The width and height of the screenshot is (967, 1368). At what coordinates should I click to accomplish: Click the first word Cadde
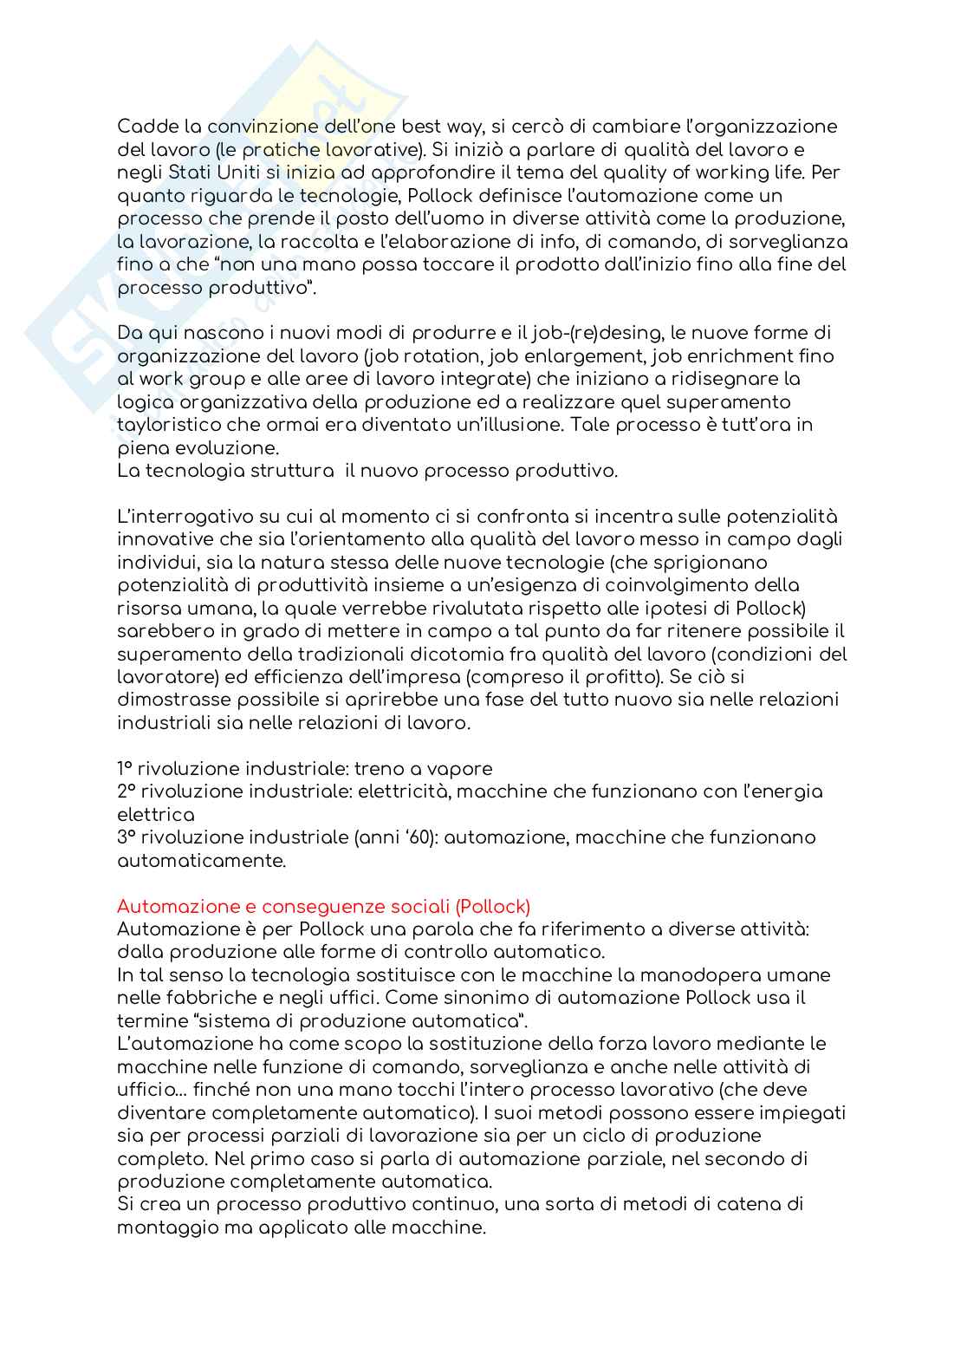click(x=143, y=127)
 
